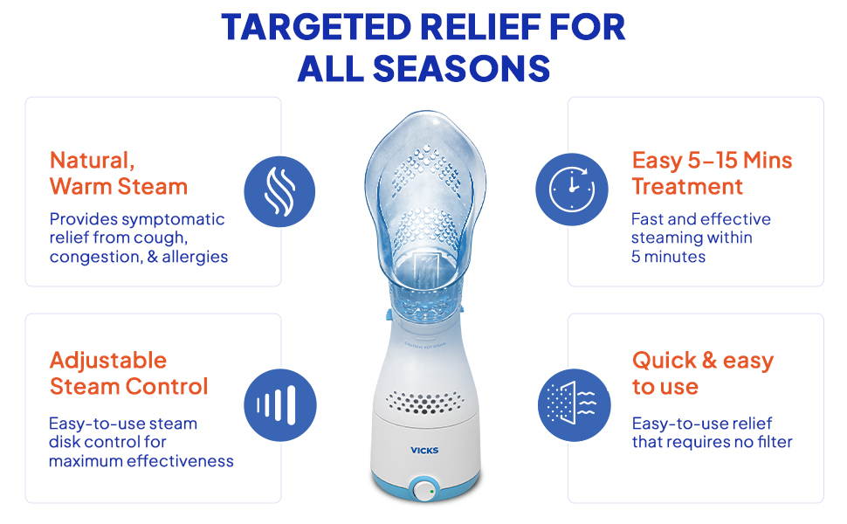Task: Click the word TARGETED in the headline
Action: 317,27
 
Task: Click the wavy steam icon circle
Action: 279,192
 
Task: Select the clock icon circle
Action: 572,190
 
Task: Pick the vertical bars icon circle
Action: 279,405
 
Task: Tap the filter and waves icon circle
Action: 575,405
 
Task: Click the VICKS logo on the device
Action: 424,450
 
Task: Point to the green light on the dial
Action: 431,492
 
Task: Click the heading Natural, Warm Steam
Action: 119,174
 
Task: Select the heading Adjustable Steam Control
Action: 128,373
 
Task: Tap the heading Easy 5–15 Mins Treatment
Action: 712,174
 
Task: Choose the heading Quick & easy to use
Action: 703,373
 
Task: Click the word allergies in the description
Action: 195,257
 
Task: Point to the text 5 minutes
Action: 668,257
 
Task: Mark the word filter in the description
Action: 775,442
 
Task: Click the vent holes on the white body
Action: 425,403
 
